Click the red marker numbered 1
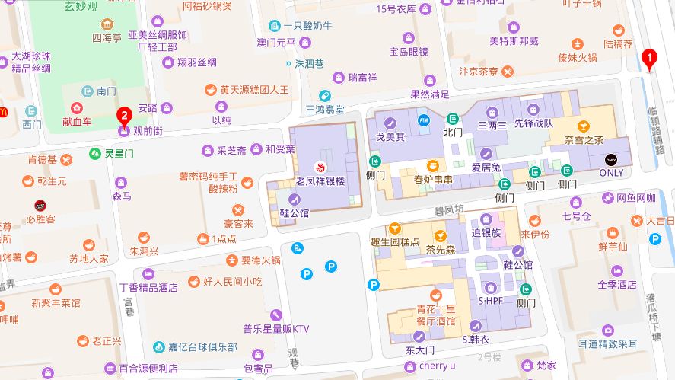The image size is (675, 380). pos(649,58)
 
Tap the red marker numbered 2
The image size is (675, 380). pos(124,117)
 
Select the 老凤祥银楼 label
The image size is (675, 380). pos(320,181)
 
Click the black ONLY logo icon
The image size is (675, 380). pos(611,159)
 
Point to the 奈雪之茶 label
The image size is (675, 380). pos(584,139)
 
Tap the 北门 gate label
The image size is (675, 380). pos(453,133)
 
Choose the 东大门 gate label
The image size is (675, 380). pos(419,350)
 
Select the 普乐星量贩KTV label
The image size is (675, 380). pos(276,329)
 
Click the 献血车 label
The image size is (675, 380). pos(77,121)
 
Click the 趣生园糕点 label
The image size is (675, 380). pos(395,241)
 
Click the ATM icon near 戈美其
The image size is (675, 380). pos(423,119)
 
